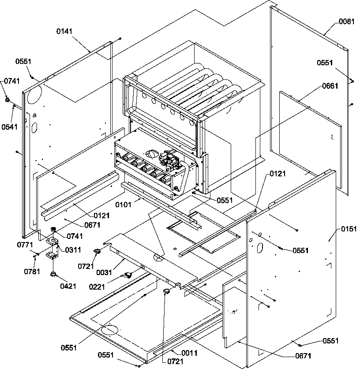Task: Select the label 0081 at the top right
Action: point(346,21)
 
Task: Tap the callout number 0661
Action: point(330,86)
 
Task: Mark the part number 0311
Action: point(73,250)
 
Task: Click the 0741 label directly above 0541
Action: point(12,81)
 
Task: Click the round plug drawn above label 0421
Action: point(53,275)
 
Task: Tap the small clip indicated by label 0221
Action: point(128,275)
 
